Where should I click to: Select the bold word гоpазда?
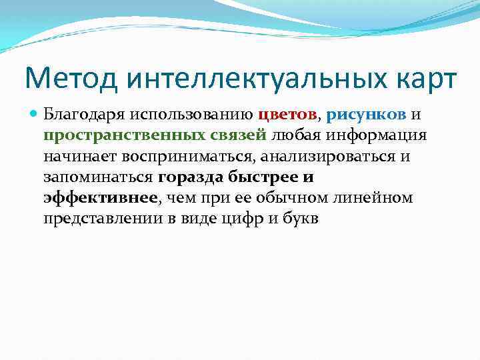(191, 177)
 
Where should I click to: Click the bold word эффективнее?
(101, 198)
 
